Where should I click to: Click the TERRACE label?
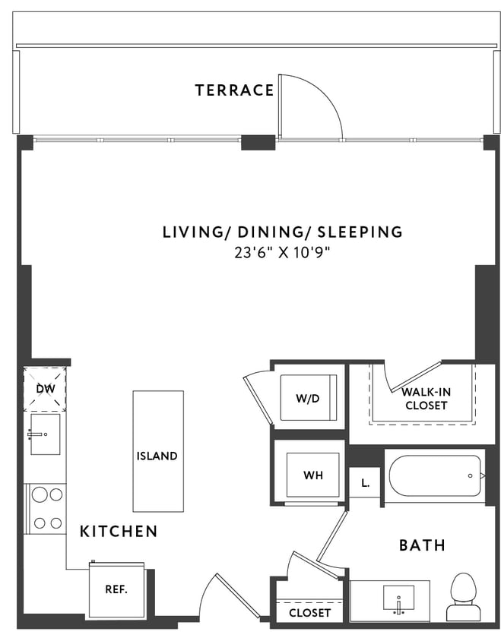point(234,90)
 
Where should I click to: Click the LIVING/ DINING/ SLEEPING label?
point(282,232)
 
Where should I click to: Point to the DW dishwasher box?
point(44,389)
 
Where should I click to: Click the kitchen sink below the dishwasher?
point(45,434)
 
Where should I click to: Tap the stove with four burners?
point(46,508)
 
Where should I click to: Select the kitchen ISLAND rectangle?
point(158,451)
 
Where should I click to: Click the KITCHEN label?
point(119,532)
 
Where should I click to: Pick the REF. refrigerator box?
point(116,589)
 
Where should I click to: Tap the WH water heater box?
point(312,475)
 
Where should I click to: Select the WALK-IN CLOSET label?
point(424,399)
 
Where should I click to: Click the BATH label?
point(422,545)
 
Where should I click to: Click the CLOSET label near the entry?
point(310,612)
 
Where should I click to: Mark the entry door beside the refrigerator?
point(226,594)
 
